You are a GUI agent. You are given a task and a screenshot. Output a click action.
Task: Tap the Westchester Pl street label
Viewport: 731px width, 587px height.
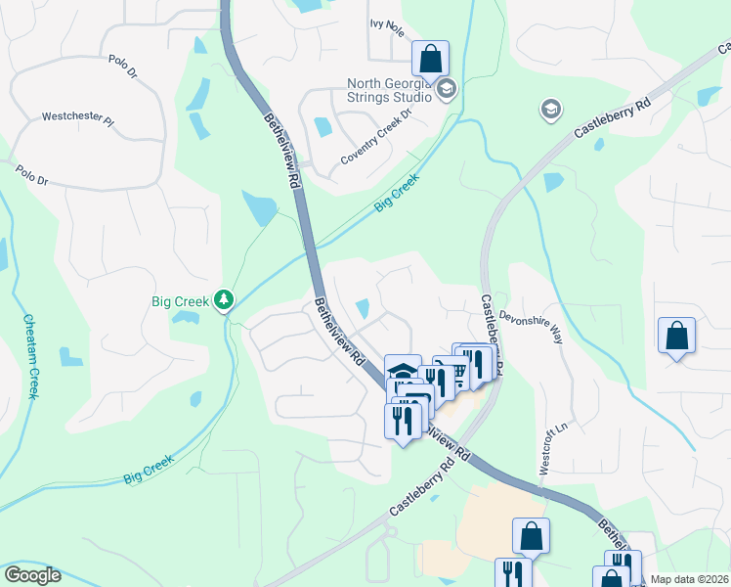pyautogui.click(x=78, y=119)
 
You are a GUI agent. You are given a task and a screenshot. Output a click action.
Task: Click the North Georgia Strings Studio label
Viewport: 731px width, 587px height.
pyautogui.click(x=389, y=90)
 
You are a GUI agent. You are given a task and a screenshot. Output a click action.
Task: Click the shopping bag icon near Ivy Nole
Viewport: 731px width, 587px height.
pyautogui.click(x=430, y=60)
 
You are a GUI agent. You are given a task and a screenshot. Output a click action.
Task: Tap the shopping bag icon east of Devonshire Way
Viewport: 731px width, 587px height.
pyautogui.click(x=676, y=337)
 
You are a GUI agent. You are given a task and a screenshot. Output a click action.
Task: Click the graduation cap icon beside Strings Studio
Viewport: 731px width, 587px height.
pyautogui.click(x=446, y=90)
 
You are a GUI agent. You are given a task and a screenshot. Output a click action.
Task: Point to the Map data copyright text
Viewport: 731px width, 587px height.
pyautogui.click(x=690, y=579)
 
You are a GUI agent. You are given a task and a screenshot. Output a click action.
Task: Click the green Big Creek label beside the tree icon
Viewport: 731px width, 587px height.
pyautogui.click(x=180, y=301)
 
